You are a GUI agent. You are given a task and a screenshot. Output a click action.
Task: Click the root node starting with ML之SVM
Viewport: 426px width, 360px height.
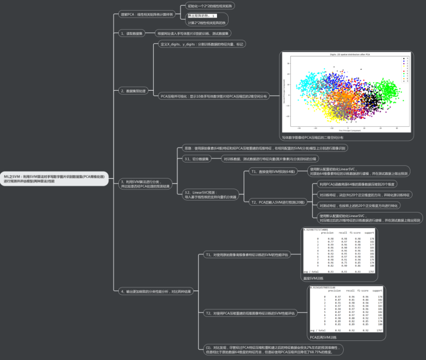[54, 179]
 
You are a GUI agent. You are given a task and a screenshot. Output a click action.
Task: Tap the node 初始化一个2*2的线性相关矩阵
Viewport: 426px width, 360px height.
[210, 6]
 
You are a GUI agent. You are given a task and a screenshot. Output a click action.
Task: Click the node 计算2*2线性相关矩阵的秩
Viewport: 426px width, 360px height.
[206, 23]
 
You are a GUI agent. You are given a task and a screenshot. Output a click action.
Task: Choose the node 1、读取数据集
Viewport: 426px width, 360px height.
[132, 34]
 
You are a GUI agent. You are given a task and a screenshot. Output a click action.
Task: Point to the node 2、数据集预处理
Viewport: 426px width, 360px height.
[133, 91]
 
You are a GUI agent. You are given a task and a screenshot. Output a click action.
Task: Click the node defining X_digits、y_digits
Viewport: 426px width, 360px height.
[201, 44]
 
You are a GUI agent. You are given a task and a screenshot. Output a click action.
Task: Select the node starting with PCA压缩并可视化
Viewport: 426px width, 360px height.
[214, 95]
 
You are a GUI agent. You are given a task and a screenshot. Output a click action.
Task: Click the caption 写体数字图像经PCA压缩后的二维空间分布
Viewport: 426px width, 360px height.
[313, 137]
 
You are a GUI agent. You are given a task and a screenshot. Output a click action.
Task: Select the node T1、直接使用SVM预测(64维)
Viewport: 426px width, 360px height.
[274, 171]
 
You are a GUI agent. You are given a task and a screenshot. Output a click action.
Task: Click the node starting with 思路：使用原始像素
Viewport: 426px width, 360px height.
[263, 148]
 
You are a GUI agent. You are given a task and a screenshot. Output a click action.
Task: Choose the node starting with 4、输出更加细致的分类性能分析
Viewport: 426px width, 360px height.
[155, 291]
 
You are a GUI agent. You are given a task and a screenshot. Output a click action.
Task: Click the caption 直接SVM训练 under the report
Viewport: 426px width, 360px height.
[313, 278]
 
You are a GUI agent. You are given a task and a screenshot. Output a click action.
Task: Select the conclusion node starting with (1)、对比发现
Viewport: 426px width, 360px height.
[269, 349]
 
